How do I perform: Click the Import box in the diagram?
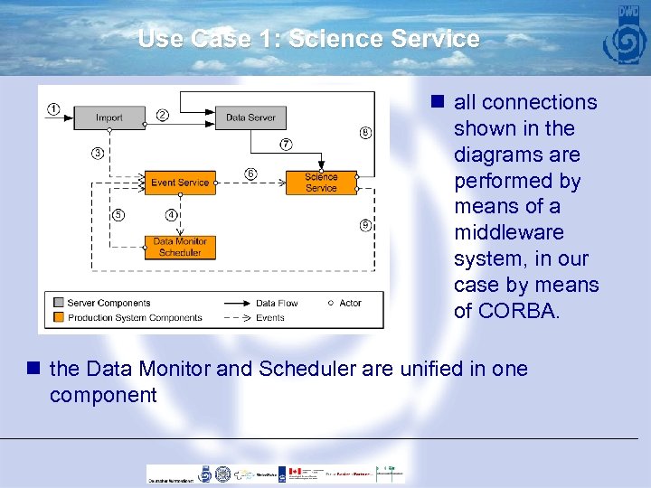109,117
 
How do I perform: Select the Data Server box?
250,117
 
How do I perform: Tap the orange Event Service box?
180,183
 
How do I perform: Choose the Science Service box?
321,183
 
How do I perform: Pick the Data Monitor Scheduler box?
180,247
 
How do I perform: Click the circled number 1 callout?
54,109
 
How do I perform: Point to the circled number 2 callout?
163,115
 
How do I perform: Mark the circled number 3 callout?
97,154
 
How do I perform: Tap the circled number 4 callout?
171,215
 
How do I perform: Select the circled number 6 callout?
250,174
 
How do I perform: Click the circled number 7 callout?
286,145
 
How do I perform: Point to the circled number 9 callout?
365,225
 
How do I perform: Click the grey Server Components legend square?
59,303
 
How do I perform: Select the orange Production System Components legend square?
59,317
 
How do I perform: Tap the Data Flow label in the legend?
277,303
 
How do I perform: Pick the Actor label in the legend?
350,303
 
